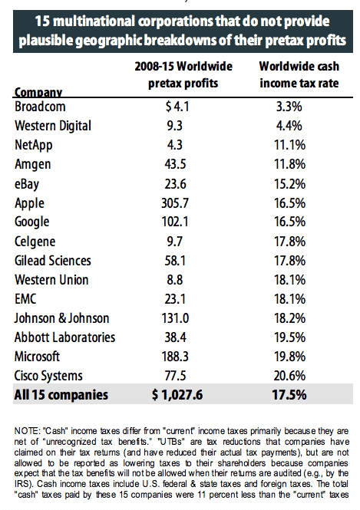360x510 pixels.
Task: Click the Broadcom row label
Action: click(x=40, y=107)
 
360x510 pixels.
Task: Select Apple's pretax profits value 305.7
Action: click(x=175, y=203)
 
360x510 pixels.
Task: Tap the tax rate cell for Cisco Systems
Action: click(x=289, y=376)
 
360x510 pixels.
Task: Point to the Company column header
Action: click(x=38, y=92)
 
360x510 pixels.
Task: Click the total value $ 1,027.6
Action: click(x=177, y=395)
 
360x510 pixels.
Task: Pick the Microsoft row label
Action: click(x=37, y=357)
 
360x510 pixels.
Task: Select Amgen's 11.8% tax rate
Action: click(x=289, y=164)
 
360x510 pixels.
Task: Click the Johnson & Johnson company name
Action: click(x=62, y=318)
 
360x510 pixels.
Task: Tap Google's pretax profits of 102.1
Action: click(x=175, y=222)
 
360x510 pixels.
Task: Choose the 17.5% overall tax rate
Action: click(x=289, y=395)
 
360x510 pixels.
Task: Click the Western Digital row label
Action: click(x=53, y=126)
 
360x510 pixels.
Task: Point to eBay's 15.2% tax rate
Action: click(x=289, y=184)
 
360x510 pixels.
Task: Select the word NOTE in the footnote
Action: click(x=27, y=431)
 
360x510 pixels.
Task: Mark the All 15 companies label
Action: click(x=61, y=395)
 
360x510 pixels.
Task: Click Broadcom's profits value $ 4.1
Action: click(x=177, y=107)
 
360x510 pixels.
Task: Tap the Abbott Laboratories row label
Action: click(x=64, y=337)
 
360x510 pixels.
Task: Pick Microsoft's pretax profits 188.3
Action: click(x=175, y=357)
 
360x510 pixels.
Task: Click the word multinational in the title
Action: click(x=94, y=21)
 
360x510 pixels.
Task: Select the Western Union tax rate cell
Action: click(x=289, y=280)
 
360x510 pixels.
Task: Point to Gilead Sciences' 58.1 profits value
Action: click(x=175, y=261)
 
